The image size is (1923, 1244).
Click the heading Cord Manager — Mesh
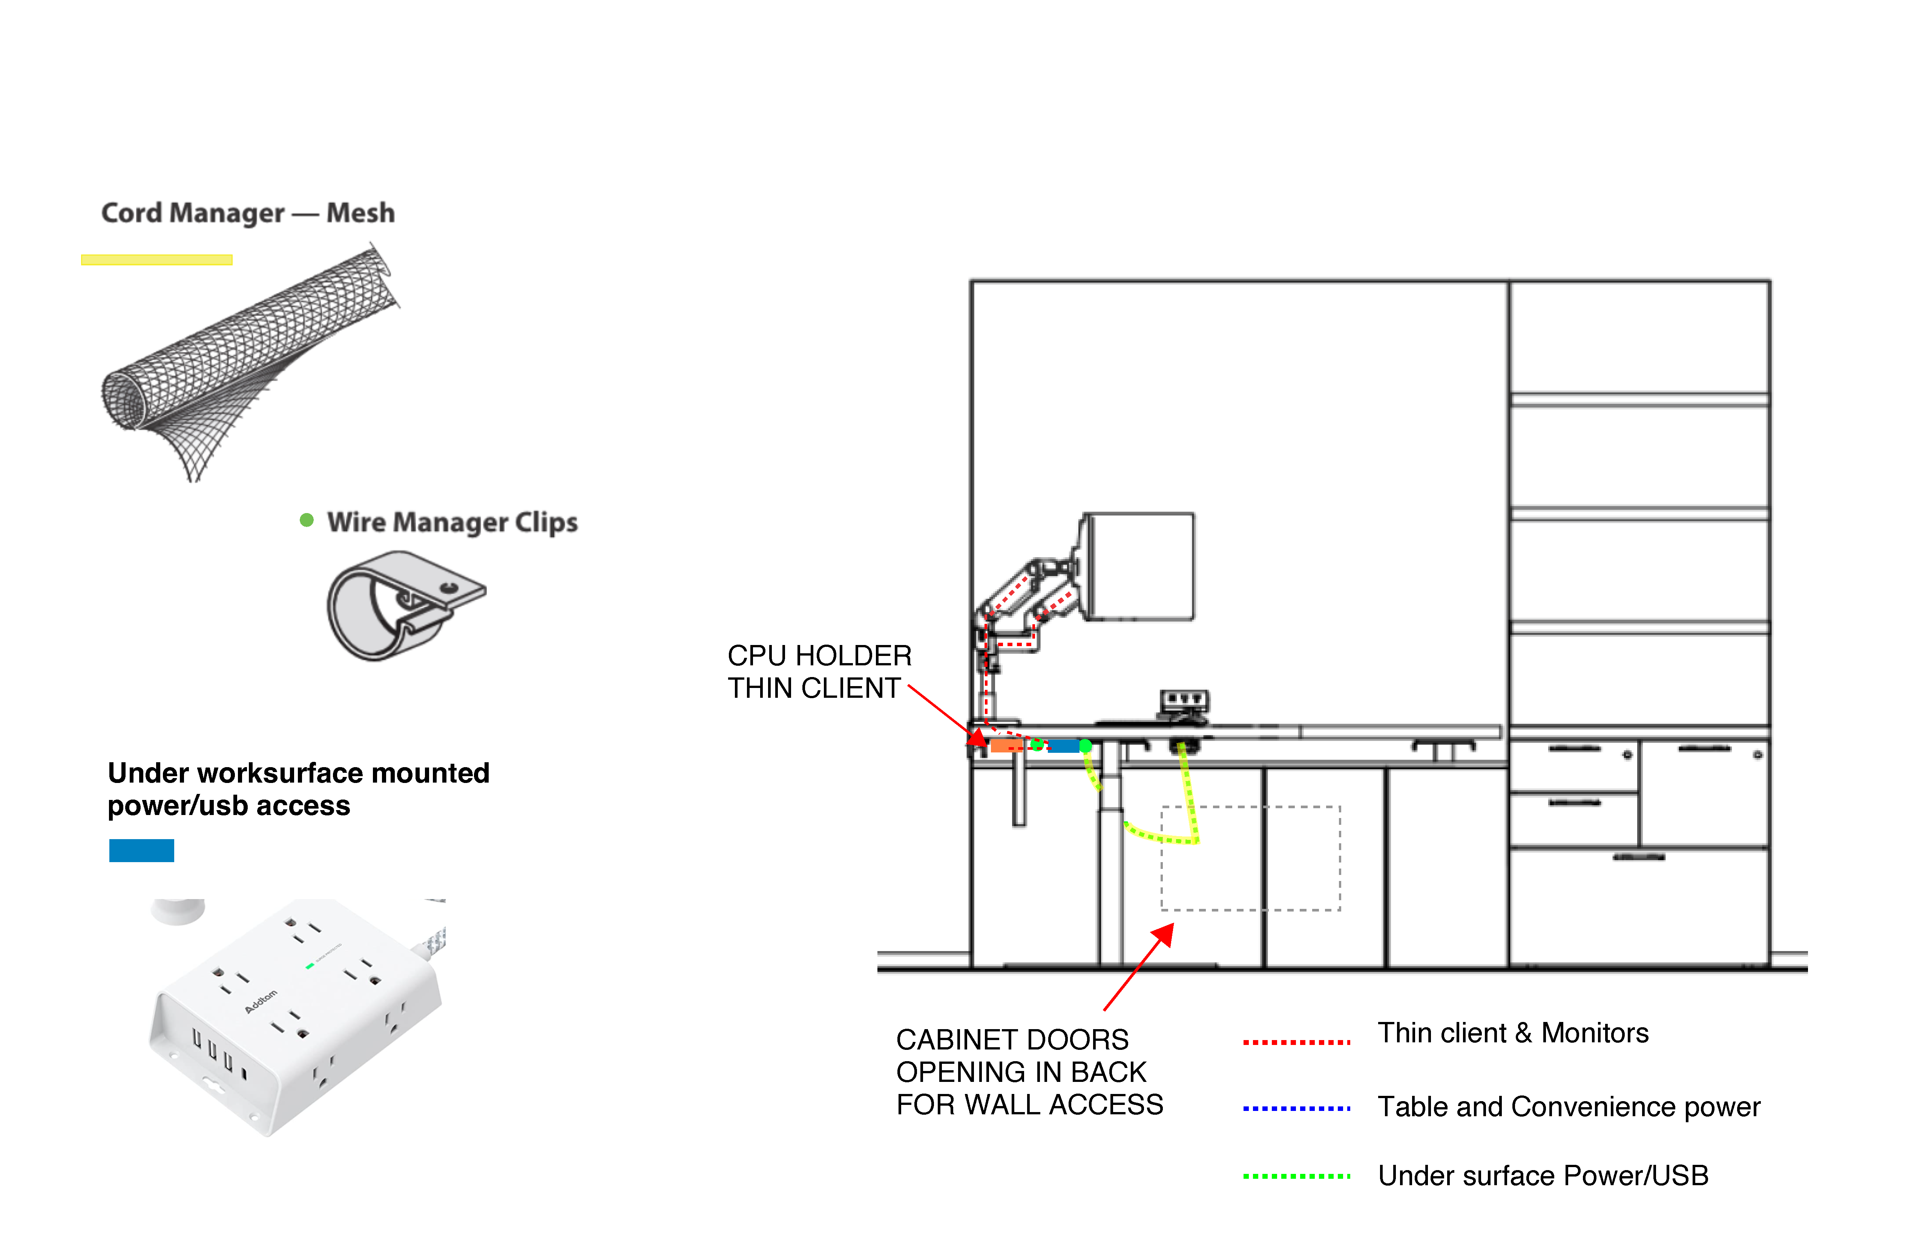(247, 213)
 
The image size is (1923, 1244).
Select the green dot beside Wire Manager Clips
(306, 520)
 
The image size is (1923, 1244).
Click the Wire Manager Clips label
(452, 522)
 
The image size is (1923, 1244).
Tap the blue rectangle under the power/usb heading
(141, 850)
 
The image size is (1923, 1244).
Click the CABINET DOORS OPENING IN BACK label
(1029, 1072)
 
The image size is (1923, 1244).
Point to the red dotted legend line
(1296, 1042)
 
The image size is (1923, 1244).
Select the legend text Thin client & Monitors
(1512, 1033)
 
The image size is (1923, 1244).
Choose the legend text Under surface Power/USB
(1543, 1175)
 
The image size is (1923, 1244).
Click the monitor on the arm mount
(1139, 565)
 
